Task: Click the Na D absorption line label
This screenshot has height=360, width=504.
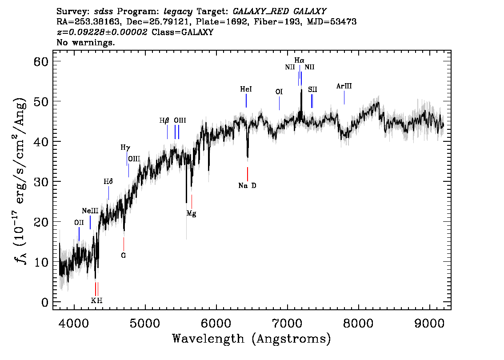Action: point(247,186)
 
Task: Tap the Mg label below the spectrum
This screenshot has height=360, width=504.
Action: point(191,213)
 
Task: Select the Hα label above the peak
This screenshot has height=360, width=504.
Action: point(299,60)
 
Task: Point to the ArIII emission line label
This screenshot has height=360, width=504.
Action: point(344,86)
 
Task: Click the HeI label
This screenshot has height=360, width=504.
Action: point(246,89)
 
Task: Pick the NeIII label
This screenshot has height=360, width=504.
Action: point(90,211)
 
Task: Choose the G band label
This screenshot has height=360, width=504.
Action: point(124,256)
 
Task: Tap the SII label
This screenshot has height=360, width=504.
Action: point(312,89)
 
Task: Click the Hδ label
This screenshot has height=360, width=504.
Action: point(108,182)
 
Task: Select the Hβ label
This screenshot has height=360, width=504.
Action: point(164,120)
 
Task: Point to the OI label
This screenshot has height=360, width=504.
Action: point(279,92)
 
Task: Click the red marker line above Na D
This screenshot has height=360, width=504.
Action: point(248,174)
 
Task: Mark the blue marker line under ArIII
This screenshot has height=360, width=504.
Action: point(344,98)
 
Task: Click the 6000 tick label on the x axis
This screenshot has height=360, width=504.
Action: point(216,324)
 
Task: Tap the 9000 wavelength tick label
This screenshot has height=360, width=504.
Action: point(429,324)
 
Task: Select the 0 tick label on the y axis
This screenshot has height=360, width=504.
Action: point(45,302)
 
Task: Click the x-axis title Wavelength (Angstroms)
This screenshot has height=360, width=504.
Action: point(252,339)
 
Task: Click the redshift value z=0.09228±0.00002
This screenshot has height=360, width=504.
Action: point(102,32)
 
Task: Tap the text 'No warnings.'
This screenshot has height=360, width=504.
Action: point(85,42)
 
